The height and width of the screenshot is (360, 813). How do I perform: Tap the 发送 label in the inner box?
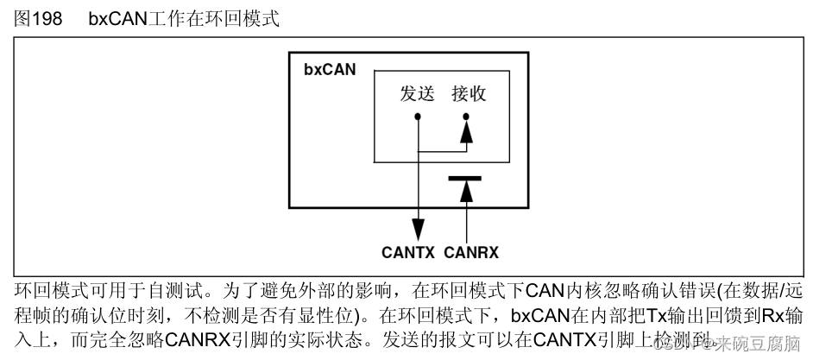click(x=419, y=94)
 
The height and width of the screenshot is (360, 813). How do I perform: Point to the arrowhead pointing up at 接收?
click(x=467, y=132)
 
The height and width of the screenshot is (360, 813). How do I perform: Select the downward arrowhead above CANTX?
click(x=419, y=229)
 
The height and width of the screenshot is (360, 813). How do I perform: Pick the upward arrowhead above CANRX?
click(x=467, y=193)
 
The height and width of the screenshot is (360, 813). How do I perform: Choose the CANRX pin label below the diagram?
click(x=471, y=253)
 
